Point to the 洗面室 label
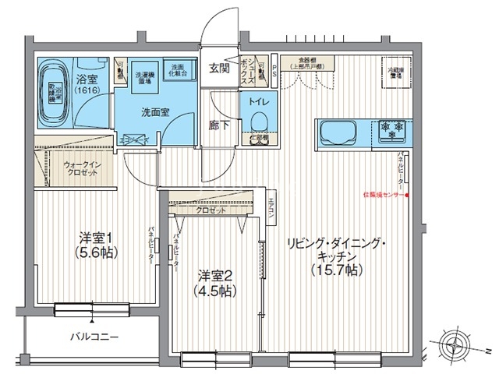[156, 112]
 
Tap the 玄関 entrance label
[219, 69]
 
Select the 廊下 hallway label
[219, 125]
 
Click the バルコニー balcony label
[93, 337]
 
